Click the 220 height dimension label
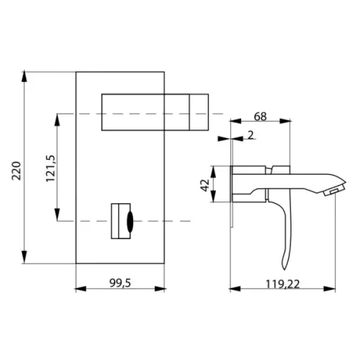(x=17, y=171)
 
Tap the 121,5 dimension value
(x=50, y=168)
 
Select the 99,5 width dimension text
(x=120, y=283)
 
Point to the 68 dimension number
(x=260, y=117)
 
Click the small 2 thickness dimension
(x=251, y=135)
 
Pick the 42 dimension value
(x=205, y=185)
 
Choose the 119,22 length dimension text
(x=282, y=284)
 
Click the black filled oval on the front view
(x=130, y=222)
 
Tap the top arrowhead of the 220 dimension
(x=24, y=77)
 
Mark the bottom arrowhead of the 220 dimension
(x=24, y=257)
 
